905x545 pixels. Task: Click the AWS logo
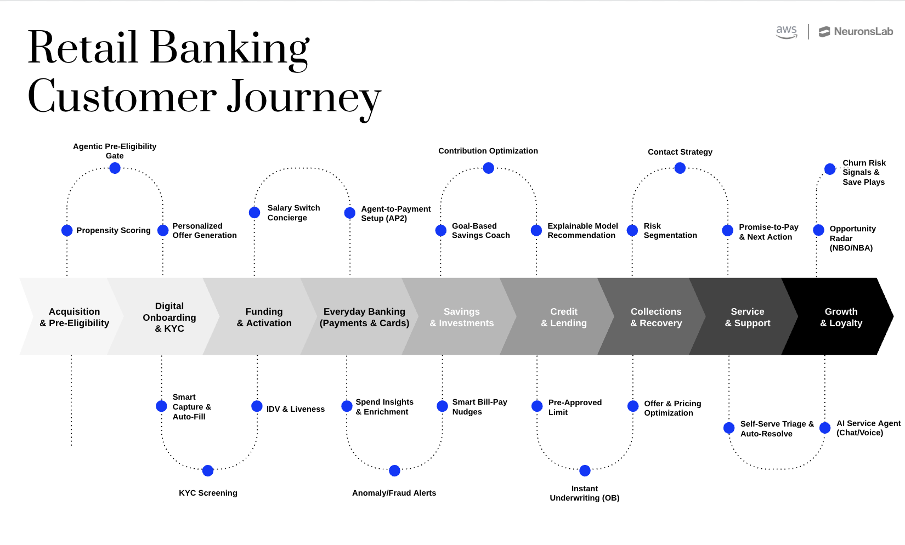click(x=786, y=32)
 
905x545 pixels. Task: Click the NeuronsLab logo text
click(x=863, y=32)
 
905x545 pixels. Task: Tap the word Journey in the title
click(x=304, y=98)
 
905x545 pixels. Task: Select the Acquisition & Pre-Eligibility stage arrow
click(x=74, y=317)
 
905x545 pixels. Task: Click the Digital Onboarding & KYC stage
click(x=169, y=317)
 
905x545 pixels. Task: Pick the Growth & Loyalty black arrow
click(x=841, y=317)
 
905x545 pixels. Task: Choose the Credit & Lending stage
click(x=563, y=317)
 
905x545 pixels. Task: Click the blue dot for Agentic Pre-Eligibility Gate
click(x=115, y=168)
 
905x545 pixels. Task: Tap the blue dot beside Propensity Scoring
click(x=67, y=230)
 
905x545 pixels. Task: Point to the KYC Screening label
click(x=208, y=493)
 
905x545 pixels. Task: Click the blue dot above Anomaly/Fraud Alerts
click(x=394, y=470)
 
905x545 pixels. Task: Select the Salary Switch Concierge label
click(x=293, y=213)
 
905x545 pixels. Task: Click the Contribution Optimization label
click(x=488, y=151)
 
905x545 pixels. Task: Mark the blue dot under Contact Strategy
click(x=680, y=168)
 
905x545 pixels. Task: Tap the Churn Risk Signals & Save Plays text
click(x=863, y=172)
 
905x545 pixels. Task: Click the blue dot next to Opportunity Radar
click(x=818, y=230)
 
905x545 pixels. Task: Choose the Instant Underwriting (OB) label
click(x=584, y=493)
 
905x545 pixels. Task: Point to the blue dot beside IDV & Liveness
click(x=257, y=406)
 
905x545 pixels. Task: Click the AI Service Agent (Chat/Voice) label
click(x=868, y=428)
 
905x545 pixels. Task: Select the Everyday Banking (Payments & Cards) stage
click(x=364, y=317)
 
